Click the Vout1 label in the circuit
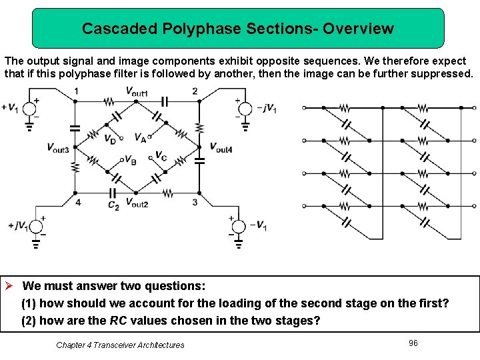[x=136, y=91]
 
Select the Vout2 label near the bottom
[x=136, y=203]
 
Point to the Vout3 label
[x=58, y=147]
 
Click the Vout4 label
[x=221, y=147]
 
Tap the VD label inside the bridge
[x=109, y=139]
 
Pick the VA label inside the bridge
[x=141, y=138]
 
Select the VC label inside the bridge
[x=161, y=156]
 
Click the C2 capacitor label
[x=113, y=206]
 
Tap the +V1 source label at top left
[x=10, y=107]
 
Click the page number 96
[x=413, y=343]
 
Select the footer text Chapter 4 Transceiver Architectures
[x=120, y=345]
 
